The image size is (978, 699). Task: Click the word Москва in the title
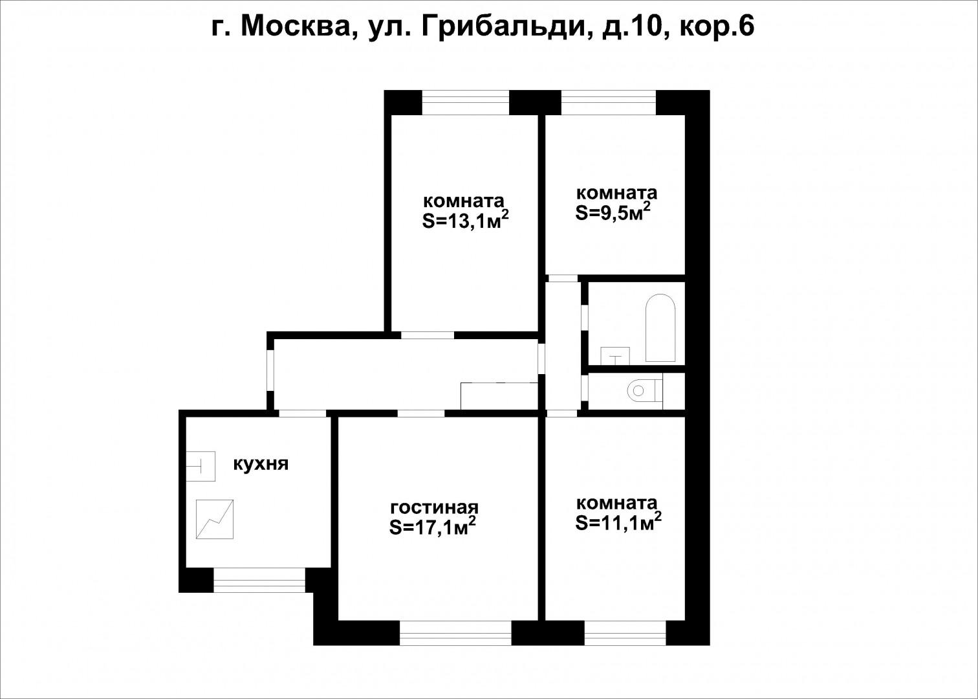pyautogui.click(x=297, y=27)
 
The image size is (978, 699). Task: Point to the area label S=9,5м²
pyautogui.click(x=612, y=213)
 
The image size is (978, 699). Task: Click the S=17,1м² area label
pyautogui.click(x=433, y=527)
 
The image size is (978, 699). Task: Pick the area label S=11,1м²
pyautogui.click(x=618, y=522)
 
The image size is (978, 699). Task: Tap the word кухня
pyautogui.click(x=260, y=464)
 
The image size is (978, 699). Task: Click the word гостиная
pyautogui.click(x=434, y=507)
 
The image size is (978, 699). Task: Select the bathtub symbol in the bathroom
pyautogui.click(x=660, y=328)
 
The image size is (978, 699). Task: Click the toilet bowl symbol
pyautogui.click(x=644, y=390)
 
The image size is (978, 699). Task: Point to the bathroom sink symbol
pyautogui.click(x=614, y=356)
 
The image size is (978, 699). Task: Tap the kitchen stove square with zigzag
pyautogui.click(x=215, y=518)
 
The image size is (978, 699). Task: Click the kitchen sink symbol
pyautogui.click(x=201, y=465)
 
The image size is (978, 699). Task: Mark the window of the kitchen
pyautogui.click(x=259, y=580)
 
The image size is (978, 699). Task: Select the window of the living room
pyautogui.click(x=455, y=633)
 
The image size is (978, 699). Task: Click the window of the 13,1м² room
pyautogui.click(x=465, y=102)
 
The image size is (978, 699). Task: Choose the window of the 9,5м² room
pyautogui.click(x=608, y=102)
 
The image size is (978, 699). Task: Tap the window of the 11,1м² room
pyautogui.click(x=625, y=633)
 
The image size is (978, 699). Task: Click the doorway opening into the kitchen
pyautogui.click(x=302, y=413)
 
